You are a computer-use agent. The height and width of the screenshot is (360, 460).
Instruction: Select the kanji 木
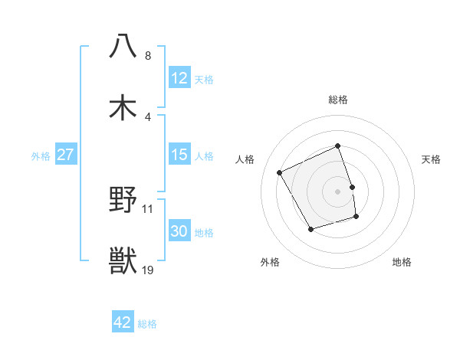click(123, 107)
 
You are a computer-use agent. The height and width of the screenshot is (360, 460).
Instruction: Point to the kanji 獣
click(123, 260)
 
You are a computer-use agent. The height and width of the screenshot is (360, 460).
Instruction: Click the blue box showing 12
click(179, 77)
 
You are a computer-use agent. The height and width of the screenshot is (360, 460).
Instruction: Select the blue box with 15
click(179, 155)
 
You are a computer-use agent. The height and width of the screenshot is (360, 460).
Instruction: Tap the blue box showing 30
click(179, 231)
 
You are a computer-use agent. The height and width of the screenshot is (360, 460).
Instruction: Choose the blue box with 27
click(66, 155)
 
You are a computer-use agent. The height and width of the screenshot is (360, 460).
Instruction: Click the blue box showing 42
click(123, 322)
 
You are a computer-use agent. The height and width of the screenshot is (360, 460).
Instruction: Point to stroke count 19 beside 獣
click(148, 270)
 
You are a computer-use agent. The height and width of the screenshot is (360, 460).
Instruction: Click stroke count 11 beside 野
click(148, 208)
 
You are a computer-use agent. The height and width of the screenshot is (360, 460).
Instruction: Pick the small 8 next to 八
click(148, 56)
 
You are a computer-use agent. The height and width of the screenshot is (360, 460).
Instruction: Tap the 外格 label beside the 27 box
click(41, 155)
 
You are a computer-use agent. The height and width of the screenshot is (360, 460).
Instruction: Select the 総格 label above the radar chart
click(338, 100)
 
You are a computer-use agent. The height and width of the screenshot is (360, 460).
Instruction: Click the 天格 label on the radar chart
click(431, 159)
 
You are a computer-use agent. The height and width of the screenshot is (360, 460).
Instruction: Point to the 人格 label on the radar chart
click(245, 159)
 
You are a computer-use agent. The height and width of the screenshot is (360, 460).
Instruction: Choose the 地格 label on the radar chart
click(402, 262)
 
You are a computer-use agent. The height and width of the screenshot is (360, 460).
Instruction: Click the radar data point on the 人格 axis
click(281, 172)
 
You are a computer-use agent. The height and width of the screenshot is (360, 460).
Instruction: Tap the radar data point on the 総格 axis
click(338, 146)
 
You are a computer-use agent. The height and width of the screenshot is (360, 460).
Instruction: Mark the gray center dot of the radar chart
click(338, 191)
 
